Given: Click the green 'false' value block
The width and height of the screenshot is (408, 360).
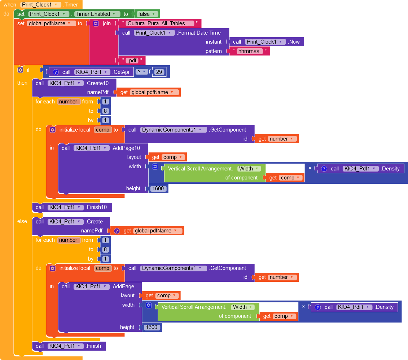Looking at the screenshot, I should click(147, 14).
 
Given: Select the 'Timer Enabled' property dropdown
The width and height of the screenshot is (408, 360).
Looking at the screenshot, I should click(97, 14).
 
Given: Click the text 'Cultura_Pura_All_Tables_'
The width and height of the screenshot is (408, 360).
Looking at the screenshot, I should click(160, 23).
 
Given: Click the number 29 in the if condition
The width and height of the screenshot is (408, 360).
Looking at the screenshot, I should click(159, 72).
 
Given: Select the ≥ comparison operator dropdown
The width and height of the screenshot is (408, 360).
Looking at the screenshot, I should click(142, 72).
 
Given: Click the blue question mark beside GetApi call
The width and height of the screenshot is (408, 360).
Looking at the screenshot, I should click(56, 72).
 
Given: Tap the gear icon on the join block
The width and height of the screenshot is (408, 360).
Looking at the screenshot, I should click(96, 23).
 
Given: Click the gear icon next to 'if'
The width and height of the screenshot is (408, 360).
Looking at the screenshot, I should click(21, 70).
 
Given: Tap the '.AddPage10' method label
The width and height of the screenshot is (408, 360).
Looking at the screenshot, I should click(126, 148).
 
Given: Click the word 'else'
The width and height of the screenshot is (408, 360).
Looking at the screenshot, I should click(22, 222).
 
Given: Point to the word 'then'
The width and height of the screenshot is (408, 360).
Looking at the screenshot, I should click(22, 83).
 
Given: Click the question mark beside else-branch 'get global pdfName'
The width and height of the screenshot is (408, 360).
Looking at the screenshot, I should click(117, 231).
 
